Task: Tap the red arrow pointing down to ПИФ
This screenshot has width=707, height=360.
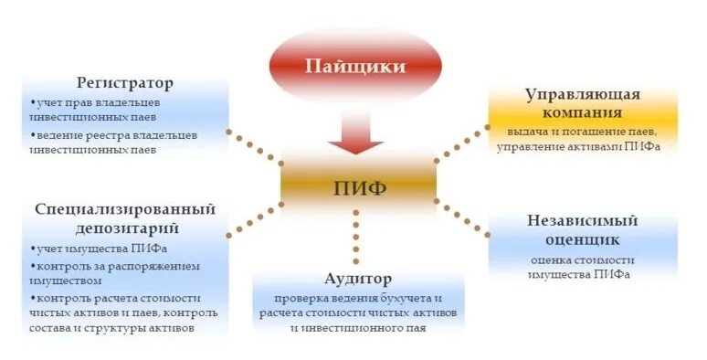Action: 355,132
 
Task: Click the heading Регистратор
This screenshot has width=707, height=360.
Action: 126,83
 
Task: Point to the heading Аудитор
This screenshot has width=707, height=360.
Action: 357,278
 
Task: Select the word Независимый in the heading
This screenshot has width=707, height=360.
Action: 581,220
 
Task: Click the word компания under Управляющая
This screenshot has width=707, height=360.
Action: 581,113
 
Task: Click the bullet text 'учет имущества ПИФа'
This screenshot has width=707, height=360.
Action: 100,249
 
